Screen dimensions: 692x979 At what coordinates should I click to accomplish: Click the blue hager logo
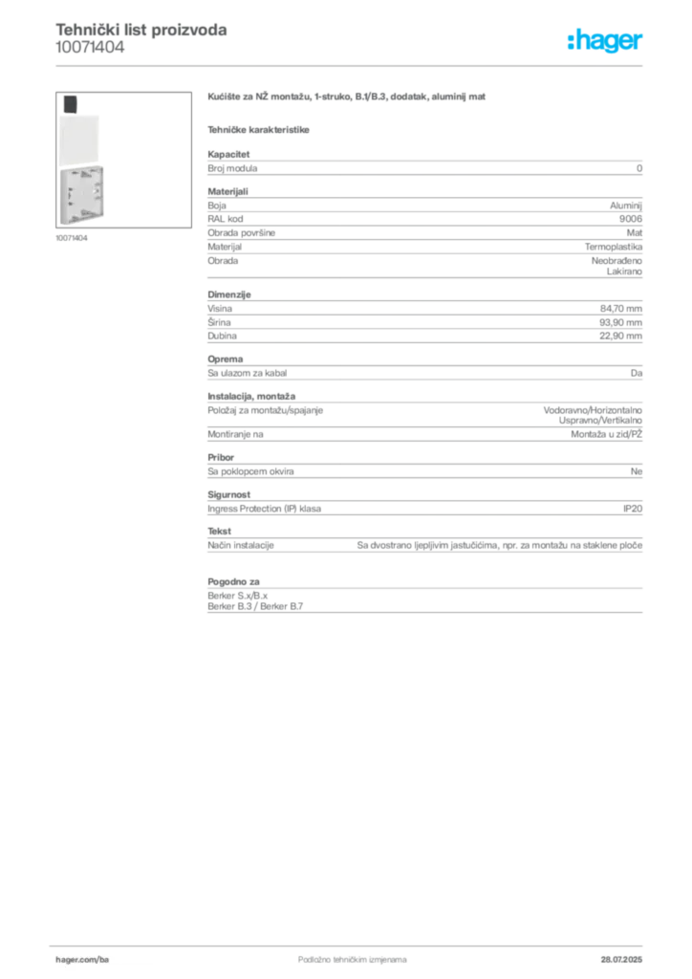coord(606,42)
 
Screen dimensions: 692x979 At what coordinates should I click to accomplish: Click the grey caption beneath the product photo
coord(73,238)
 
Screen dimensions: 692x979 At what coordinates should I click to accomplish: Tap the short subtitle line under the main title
coord(260,127)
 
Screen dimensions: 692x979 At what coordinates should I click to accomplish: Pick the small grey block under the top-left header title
coord(91,54)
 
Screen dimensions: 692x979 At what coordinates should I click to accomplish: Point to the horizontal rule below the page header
coord(352,65)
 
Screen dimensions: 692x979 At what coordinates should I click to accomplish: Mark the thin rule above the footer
coord(352,943)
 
